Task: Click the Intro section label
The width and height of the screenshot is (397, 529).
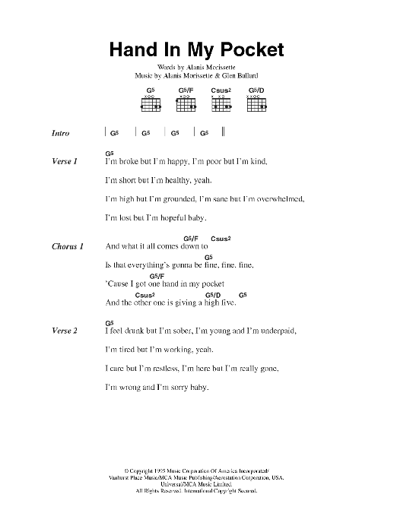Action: pyautogui.click(x=61, y=134)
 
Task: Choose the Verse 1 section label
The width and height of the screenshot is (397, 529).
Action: pyautogui.click(x=64, y=161)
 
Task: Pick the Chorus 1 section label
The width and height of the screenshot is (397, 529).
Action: pyautogui.click(x=67, y=246)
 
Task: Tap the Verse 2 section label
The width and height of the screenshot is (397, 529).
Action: pyautogui.click(x=64, y=331)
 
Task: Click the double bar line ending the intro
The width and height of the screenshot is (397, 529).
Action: pyautogui.click(x=224, y=132)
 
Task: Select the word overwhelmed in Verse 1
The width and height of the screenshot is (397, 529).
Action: pyautogui.click(x=274, y=199)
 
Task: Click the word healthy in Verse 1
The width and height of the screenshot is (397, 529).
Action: pyautogui.click(x=174, y=180)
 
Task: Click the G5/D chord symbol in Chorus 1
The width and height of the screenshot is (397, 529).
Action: pyautogui.click(x=212, y=294)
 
